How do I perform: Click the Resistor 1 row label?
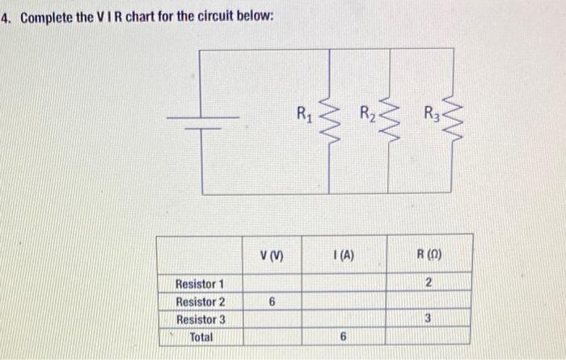click(x=200, y=284)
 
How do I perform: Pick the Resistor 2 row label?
click(x=200, y=302)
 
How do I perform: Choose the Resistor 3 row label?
click(x=200, y=319)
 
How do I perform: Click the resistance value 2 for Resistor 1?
click(x=430, y=283)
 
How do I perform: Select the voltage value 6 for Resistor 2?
click(x=272, y=302)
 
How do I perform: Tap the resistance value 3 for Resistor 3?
click(x=430, y=319)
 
